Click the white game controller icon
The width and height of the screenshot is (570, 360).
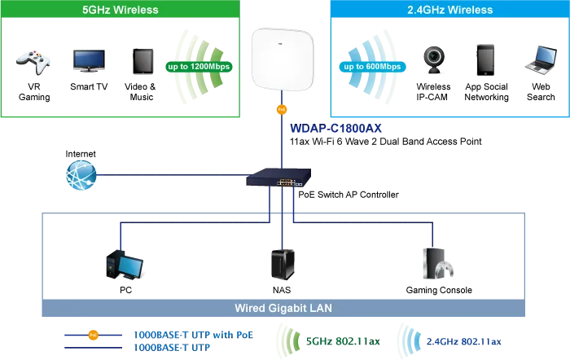(x=32, y=62)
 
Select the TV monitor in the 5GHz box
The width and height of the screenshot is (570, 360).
(x=87, y=60)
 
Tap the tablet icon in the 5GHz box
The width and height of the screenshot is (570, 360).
(x=143, y=61)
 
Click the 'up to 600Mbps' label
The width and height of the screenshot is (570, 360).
(x=371, y=66)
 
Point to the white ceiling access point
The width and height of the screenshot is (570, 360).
(x=283, y=59)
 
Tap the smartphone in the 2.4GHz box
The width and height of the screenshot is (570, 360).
(x=486, y=59)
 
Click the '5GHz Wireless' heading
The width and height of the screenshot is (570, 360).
(x=120, y=10)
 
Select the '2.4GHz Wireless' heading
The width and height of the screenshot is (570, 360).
(x=449, y=10)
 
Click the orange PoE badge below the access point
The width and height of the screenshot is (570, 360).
(x=282, y=108)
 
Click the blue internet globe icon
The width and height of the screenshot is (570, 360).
(x=81, y=175)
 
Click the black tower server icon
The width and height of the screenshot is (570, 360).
(x=283, y=265)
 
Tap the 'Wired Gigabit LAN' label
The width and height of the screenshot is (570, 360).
(x=283, y=308)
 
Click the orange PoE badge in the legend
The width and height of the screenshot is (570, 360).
(x=92, y=334)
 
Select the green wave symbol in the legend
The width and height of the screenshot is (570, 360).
(x=285, y=337)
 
